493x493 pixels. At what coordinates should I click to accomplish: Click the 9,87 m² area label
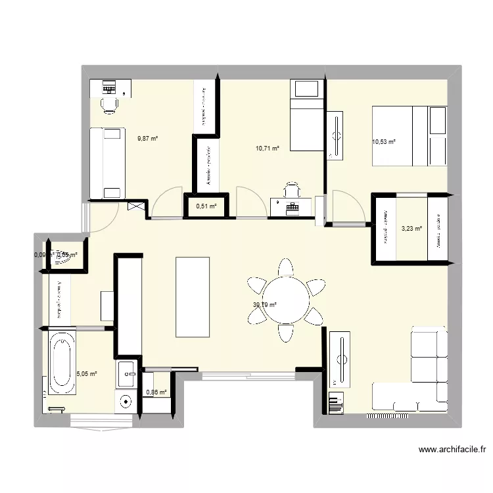148,138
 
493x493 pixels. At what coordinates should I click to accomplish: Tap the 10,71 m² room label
268,149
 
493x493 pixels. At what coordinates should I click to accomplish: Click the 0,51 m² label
206,206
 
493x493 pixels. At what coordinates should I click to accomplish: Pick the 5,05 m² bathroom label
87,373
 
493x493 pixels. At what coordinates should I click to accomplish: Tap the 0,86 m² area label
156,392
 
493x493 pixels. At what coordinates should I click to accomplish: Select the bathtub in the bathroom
62,363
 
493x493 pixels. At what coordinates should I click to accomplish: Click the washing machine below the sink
126,400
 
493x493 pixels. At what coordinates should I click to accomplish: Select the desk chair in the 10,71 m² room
292,190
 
